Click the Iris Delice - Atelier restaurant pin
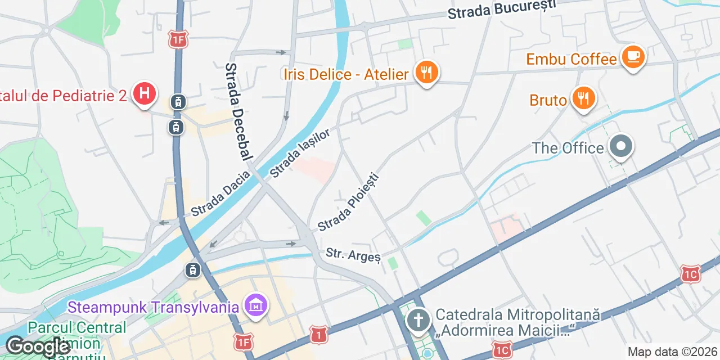426,73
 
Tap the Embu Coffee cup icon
633,57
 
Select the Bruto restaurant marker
584,99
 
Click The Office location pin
620,146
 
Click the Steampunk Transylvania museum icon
256,306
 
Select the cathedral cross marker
418,321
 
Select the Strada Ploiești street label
349,202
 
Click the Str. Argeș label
353,255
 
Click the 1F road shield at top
178,39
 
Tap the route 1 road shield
318,335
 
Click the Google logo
38,346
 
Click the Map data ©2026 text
672,352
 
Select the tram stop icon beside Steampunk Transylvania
192,270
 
